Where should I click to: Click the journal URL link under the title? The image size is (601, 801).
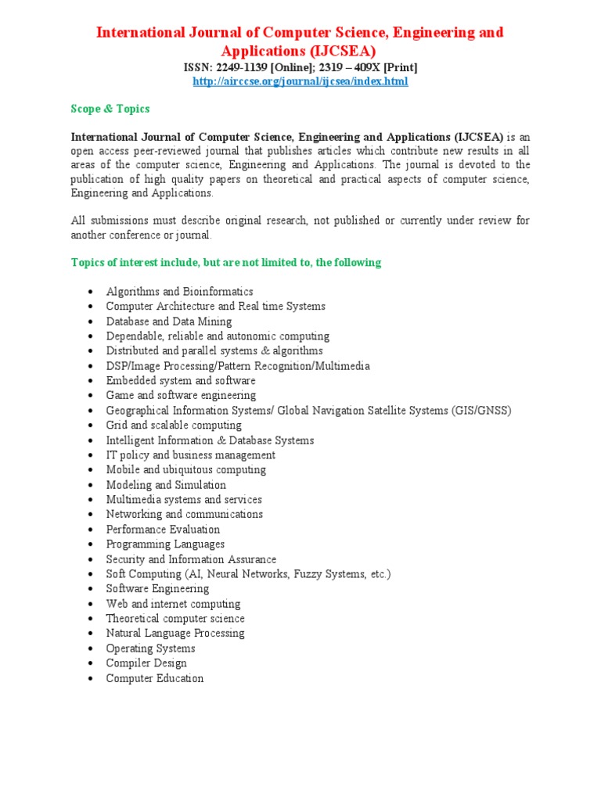(300, 81)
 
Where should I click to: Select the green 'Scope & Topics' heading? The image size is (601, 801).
(110, 109)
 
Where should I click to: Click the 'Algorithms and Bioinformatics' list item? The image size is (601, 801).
(179, 292)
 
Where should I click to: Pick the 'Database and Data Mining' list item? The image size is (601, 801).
(169, 321)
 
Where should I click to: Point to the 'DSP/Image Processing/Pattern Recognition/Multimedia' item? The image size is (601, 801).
(238, 366)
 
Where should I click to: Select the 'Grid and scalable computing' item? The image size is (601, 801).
(174, 426)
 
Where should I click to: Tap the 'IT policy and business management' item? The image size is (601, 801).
(191, 455)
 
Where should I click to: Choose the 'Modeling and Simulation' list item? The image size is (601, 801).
(166, 485)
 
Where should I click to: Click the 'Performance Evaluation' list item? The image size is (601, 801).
(163, 530)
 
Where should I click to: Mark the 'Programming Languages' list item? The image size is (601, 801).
(165, 544)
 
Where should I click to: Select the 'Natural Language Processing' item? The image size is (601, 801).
(175, 634)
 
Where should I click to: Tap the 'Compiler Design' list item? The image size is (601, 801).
(146, 663)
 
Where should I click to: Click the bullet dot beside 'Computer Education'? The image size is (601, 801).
(92, 679)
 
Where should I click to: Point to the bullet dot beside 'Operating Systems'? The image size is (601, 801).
(92, 649)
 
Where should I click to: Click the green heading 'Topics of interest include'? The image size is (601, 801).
(226, 263)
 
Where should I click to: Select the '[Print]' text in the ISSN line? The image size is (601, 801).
(399, 68)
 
